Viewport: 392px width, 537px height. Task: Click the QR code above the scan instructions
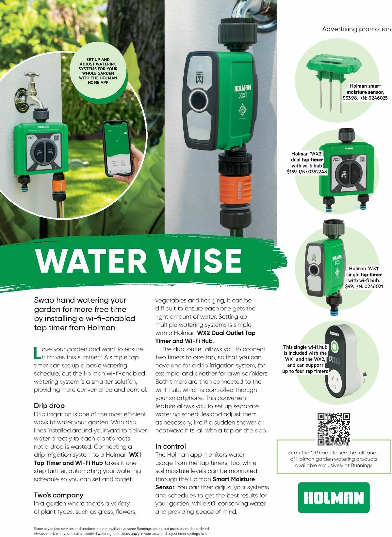[334, 429]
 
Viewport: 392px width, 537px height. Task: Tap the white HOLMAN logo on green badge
[334, 497]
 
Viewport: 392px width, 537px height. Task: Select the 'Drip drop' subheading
[49, 406]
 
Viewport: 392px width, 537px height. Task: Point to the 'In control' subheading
[171, 446]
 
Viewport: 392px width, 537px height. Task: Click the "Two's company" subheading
[58, 495]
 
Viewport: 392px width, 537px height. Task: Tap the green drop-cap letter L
[37, 353]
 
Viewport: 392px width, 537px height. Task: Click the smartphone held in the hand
[117, 148]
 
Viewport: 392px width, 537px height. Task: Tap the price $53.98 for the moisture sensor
[350, 98]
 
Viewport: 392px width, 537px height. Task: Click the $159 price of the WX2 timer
[292, 172]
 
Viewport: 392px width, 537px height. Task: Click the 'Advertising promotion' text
[356, 29]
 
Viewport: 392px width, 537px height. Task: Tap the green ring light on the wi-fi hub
[334, 346]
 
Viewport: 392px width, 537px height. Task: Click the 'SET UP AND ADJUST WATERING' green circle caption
[98, 71]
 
